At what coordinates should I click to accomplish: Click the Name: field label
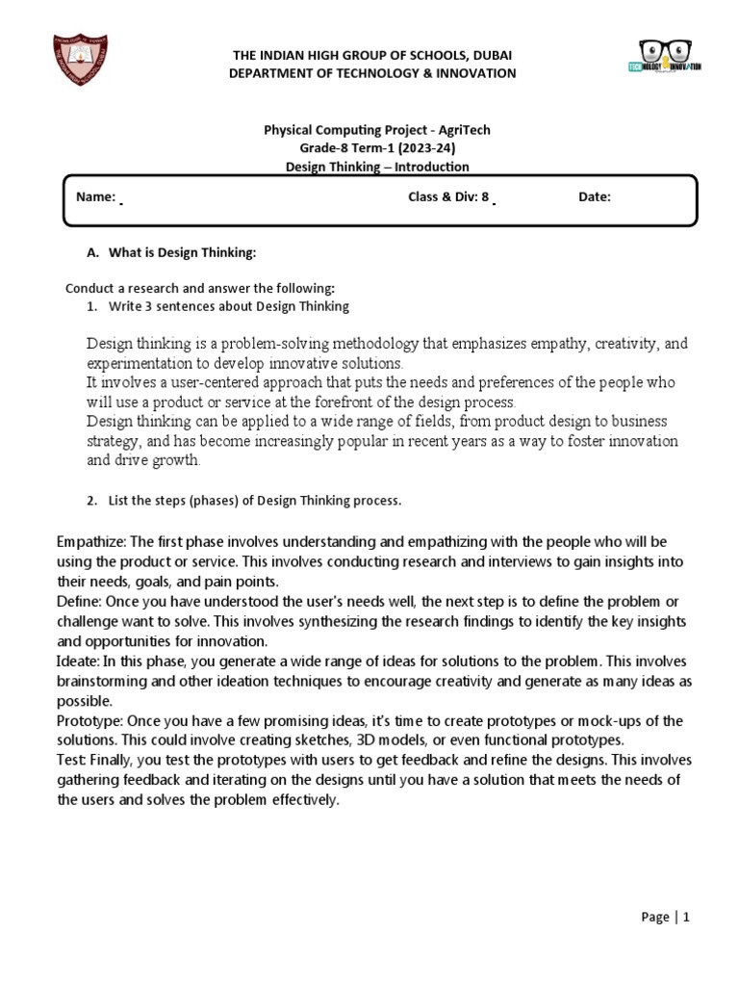[96, 197]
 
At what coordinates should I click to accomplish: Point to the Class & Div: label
[444, 197]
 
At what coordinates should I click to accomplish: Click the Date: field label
[594, 197]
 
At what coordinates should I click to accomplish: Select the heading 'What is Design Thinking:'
[182, 252]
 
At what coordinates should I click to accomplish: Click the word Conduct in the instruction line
[89, 288]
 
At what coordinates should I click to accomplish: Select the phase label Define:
[80, 602]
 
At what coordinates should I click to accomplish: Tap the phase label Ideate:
[79, 662]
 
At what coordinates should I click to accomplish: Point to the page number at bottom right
[666, 918]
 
